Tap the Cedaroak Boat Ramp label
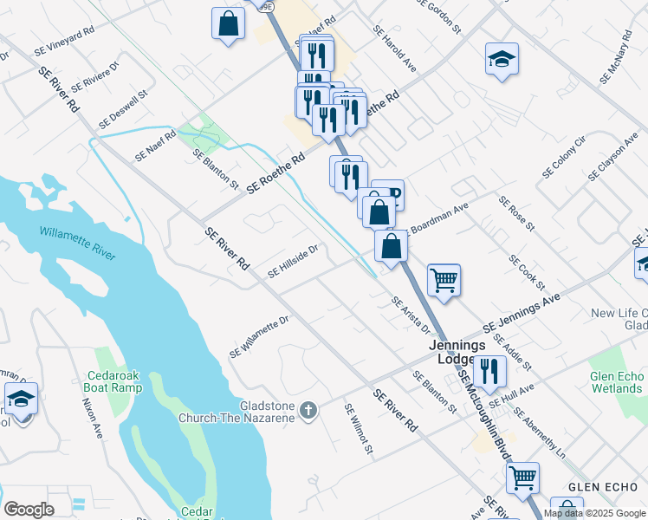coord(126,382)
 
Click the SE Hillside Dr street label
coord(293,260)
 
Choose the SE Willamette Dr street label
coord(259,337)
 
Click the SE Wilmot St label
coord(357,429)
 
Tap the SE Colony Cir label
coord(564,157)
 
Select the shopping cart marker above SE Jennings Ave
coord(444,280)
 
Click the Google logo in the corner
coord(29,510)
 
